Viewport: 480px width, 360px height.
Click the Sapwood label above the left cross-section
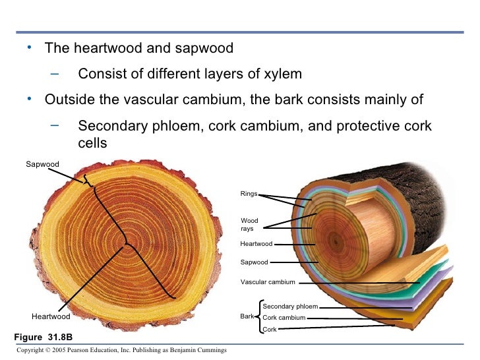coord(42,164)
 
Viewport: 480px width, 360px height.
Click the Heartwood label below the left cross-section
coord(51,316)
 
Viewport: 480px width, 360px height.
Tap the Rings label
coord(249,194)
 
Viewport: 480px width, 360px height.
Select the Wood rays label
coord(249,225)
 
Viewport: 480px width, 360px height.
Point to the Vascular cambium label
coord(268,282)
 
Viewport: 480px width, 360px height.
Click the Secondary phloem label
coord(290,307)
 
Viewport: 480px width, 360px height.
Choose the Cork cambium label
coord(284,318)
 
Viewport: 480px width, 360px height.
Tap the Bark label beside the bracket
coord(247,317)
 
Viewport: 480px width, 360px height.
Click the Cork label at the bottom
coord(270,329)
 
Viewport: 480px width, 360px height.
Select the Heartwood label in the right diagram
coord(256,244)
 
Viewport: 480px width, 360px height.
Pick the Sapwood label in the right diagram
coord(255,262)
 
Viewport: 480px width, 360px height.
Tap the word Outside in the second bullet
coord(69,100)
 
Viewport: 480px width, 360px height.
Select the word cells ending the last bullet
coord(92,142)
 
